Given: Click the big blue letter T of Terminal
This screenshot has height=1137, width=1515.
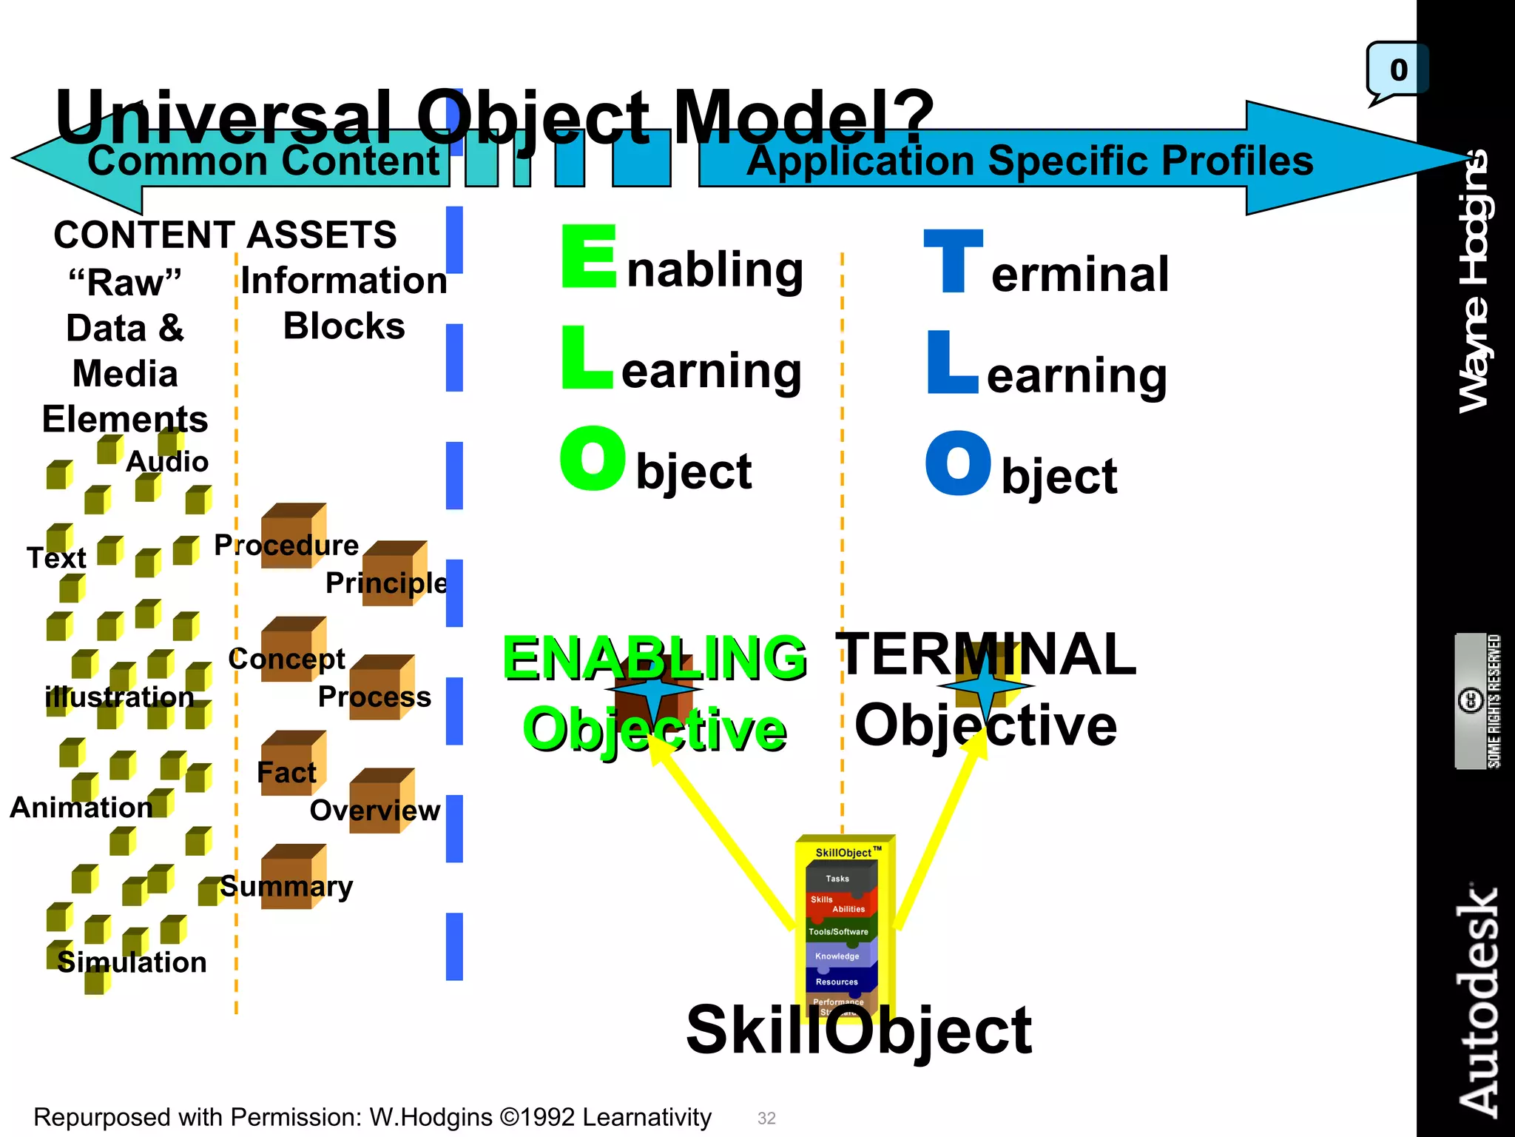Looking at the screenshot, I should tap(953, 261).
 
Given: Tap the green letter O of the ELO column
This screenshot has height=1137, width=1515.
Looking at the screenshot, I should tap(593, 458).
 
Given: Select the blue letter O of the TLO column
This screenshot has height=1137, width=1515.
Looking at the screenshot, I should tap(958, 463).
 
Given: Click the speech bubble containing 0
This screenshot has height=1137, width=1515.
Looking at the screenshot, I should tap(1397, 70).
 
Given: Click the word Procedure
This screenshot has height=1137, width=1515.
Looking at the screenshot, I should tap(286, 545).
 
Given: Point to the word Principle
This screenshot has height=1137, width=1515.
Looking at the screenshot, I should tap(386, 583).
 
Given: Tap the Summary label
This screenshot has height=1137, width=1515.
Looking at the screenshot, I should tap(286, 886).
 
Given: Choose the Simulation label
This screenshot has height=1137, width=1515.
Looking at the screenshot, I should tap(132, 962).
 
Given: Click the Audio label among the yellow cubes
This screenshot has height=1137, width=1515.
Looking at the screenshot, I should tap(167, 461).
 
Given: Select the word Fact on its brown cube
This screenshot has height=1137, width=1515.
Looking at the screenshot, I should tap(286, 772).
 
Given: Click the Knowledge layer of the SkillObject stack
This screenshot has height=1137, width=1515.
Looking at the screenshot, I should tap(837, 956).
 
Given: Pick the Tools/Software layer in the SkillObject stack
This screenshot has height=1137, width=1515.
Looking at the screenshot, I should tap(838, 931).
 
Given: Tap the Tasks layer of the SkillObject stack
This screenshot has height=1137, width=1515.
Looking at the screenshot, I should tap(837, 879).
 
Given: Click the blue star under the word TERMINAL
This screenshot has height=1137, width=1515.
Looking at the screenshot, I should tap(985, 686).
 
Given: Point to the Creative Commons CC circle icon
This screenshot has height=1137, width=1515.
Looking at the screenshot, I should tap(1469, 700).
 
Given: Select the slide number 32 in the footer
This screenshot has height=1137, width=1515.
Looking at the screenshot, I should tap(766, 1118).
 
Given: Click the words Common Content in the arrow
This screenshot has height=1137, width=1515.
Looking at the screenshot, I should tap(263, 161).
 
